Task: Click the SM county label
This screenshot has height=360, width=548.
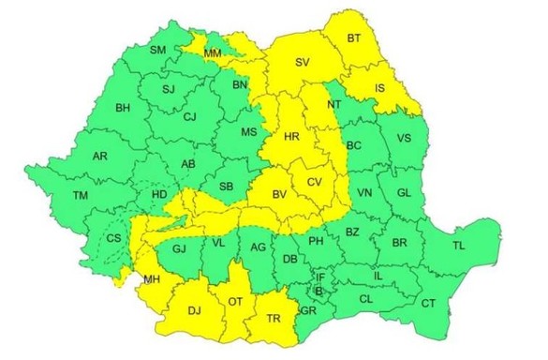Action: [158, 49]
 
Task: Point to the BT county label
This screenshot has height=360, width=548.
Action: [354, 38]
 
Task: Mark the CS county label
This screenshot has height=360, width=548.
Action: [113, 239]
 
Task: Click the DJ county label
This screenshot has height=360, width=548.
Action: [195, 309]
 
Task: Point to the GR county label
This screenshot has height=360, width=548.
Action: [308, 309]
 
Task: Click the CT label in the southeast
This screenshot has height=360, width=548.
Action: [428, 303]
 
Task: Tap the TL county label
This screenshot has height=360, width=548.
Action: [458, 245]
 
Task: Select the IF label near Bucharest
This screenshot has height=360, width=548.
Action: [319, 277]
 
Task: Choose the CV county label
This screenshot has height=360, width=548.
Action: [314, 181]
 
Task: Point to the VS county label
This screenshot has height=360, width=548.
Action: [405, 138]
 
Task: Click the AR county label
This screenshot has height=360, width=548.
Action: [100, 157]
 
